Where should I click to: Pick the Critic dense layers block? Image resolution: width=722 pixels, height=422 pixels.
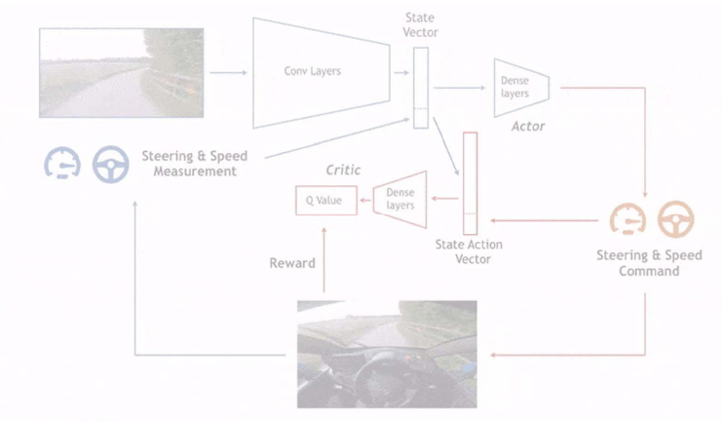(x=400, y=200)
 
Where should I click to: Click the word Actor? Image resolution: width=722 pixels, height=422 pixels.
(x=527, y=127)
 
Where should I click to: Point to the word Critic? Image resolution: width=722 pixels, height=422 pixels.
(x=342, y=171)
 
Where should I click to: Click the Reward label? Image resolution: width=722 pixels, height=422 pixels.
(x=291, y=263)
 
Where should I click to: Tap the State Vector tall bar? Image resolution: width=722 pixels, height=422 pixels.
(x=420, y=88)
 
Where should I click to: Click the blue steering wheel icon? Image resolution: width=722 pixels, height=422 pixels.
(x=110, y=164)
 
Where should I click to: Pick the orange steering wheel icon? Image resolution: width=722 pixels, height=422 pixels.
(x=675, y=220)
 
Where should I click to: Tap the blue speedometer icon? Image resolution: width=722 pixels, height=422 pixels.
(x=62, y=164)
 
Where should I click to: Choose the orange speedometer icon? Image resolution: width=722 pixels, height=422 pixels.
(x=628, y=220)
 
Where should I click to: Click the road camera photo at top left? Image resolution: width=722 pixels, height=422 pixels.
(x=121, y=73)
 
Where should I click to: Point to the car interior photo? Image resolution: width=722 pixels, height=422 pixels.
(x=387, y=353)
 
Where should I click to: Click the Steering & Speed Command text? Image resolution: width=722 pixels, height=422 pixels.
(x=648, y=263)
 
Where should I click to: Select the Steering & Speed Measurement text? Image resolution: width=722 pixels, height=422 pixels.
(x=194, y=164)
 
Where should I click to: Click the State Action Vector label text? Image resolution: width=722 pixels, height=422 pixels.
(x=470, y=251)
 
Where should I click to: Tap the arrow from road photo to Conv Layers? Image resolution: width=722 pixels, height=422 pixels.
(x=228, y=72)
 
